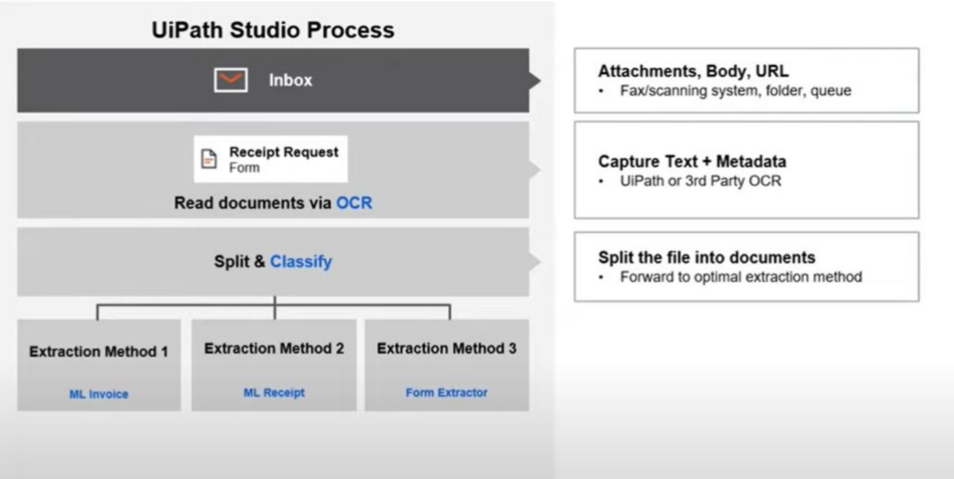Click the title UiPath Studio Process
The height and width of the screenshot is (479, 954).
point(273,30)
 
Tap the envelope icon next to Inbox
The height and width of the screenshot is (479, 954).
point(231,79)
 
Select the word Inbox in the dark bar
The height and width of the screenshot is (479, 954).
point(290,80)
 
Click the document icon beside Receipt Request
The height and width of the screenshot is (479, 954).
point(209,159)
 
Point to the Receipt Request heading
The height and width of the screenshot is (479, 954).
point(284,152)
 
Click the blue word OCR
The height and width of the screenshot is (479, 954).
point(354,203)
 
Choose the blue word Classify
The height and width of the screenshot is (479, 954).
point(301,261)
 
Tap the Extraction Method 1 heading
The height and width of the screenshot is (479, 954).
point(99,351)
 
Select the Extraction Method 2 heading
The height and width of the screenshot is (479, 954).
point(274,349)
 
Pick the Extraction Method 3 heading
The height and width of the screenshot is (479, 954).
point(446,349)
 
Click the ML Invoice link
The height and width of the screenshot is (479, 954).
point(99,394)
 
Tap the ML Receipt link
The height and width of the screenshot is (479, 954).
point(274,392)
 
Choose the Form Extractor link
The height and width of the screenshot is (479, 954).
point(446,392)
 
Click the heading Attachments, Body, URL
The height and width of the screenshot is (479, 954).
point(693,71)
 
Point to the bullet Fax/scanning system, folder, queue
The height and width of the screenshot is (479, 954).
point(736,90)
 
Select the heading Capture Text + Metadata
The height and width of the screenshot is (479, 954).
point(692,161)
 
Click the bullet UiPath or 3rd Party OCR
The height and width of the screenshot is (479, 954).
point(700,181)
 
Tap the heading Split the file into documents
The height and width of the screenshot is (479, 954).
point(707,257)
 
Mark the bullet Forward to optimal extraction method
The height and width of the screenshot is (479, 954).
point(741,276)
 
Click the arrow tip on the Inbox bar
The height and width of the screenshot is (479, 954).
point(540,80)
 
